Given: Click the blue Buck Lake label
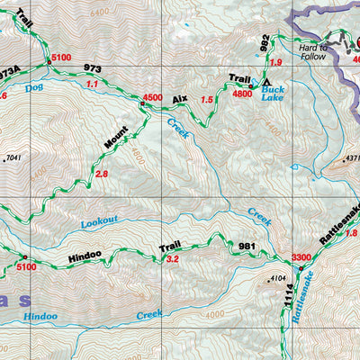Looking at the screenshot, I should click(273, 90).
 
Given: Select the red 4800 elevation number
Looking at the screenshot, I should click(241, 93).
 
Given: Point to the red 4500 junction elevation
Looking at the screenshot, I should click(152, 97).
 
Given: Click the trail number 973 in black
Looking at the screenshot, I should click(92, 67).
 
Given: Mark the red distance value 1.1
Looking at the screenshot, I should click(91, 84).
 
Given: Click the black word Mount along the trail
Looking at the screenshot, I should click(115, 137).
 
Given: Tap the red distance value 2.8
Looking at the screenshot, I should click(101, 174).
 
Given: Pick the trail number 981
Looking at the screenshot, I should click(247, 246).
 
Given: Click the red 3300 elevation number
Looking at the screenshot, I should click(301, 257).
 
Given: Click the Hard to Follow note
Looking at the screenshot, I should click(314, 51).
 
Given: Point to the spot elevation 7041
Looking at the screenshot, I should click(13, 158).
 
